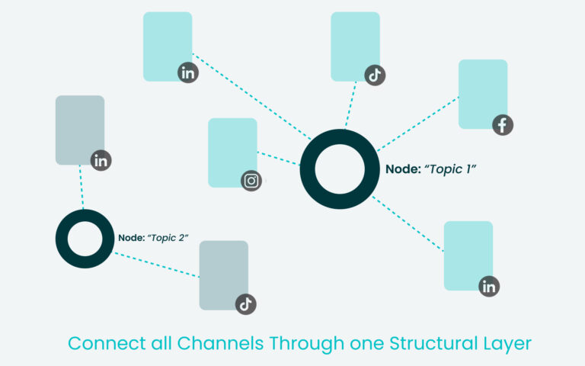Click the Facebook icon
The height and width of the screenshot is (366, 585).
[503, 124]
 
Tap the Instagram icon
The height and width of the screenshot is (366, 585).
[251, 181]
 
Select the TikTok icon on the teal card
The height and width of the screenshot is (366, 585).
[375, 75]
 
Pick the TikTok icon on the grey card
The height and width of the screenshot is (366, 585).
[245, 303]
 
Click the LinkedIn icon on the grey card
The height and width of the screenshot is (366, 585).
[101, 160]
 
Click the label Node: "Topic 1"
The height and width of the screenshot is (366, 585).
[430, 169]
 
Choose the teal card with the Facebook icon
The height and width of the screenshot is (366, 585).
[481, 91]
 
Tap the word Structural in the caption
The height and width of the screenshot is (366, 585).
[423, 343]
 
